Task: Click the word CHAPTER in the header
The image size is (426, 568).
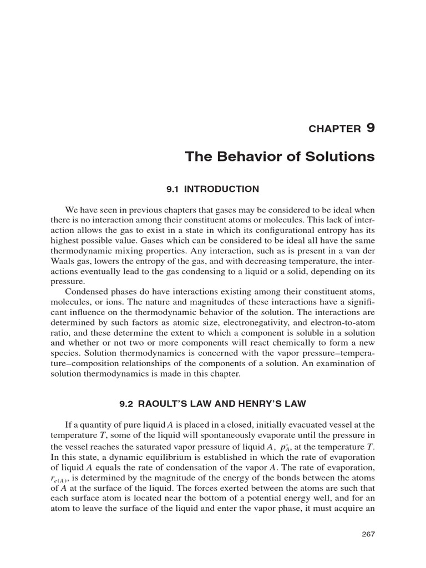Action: tap(334, 129)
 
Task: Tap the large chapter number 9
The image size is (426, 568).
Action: tap(370, 128)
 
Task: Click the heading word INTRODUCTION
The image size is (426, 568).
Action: tap(221, 189)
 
